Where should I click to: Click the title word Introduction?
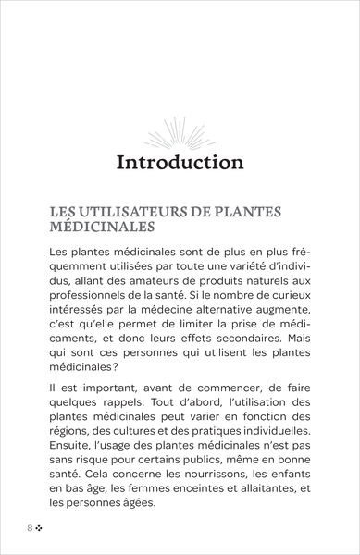[180, 164]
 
